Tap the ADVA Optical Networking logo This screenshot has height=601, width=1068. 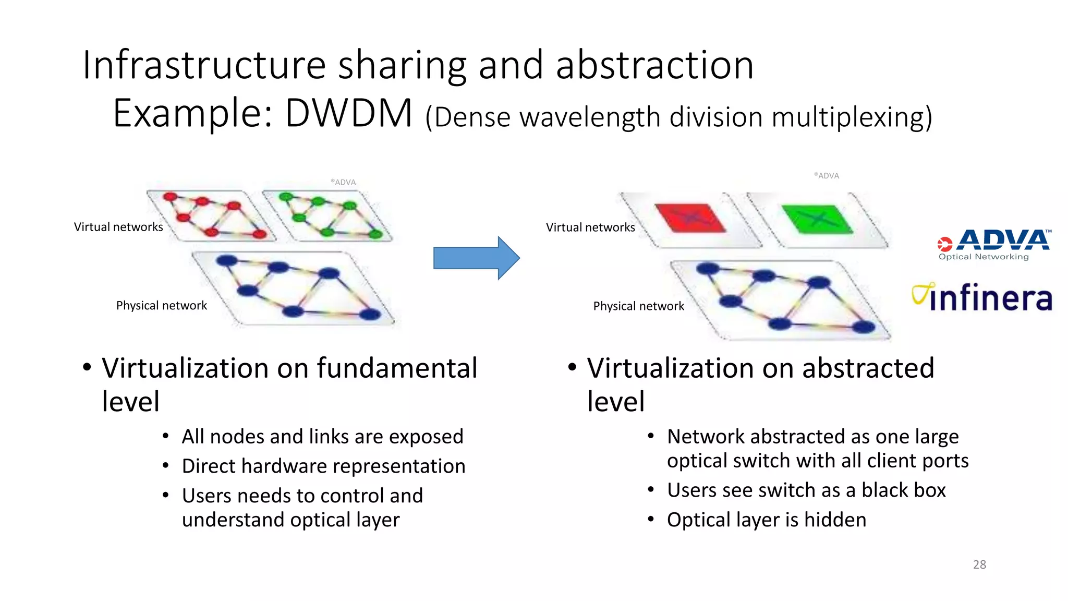click(993, 244)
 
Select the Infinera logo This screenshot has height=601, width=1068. click(982, 298)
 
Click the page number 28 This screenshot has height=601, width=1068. click(979, 564)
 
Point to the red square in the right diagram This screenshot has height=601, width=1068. click(689, 218)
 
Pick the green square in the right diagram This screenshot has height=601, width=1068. click(817, 219)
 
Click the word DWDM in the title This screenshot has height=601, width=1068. click(348, 113)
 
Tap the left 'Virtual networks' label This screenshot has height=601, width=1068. click(118, 227)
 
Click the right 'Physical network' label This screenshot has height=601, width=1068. click(638, 306)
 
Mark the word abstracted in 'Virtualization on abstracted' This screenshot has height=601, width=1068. click(868, 368)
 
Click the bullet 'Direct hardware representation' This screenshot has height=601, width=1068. click(323, 466)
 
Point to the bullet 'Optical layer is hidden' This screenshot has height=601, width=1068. click(766, 520)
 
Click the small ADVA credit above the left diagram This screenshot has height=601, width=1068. click(344, 182)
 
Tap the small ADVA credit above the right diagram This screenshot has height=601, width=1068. click(827, 176)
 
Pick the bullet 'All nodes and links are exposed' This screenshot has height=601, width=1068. click(322, 436)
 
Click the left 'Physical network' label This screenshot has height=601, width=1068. click(162, 306)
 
